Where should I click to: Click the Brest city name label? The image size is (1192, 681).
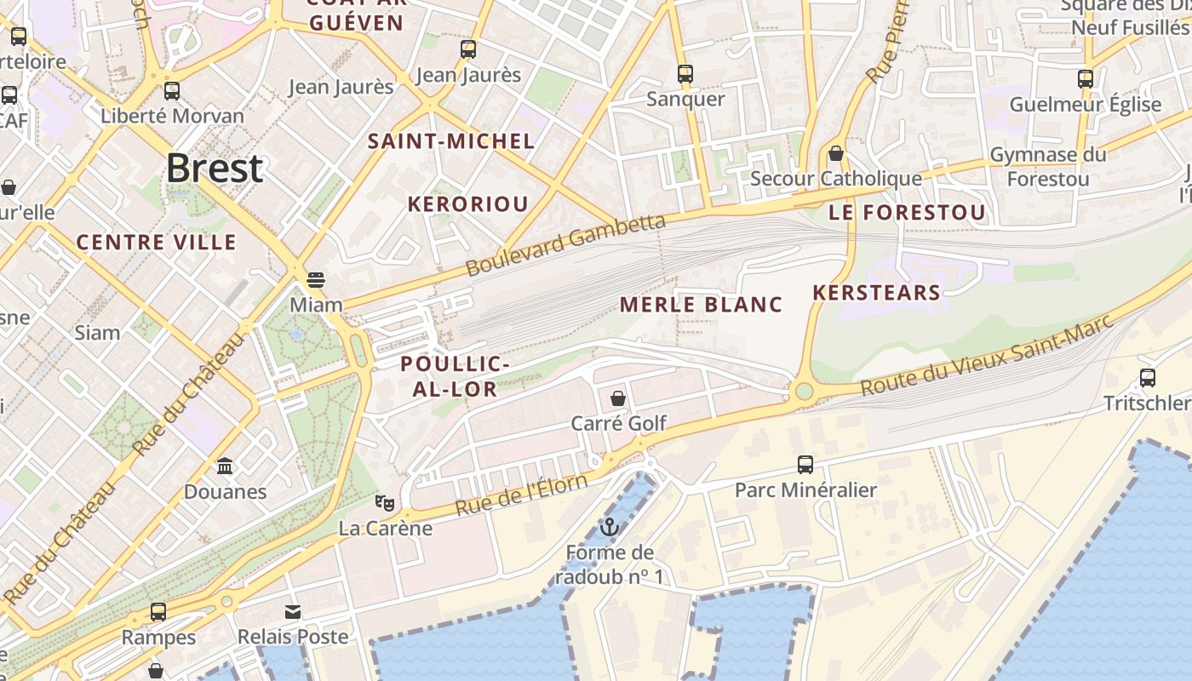pyautogui.click(x=214, y=168)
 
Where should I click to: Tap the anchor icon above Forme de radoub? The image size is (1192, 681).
pyautogui.click(x=609, y=528)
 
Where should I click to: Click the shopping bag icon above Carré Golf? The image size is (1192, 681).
pyautogui.click(x=618, y=398)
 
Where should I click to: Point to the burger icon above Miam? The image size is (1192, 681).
pyautogui.click(x=316, y=279)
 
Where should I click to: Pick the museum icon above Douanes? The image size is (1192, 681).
pyautogui.click(x=226, y=466)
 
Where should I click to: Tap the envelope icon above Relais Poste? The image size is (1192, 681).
pyautogui.click(x=293, y=612)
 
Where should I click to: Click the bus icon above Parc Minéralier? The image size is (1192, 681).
pyautogui.click(x=805, y=465)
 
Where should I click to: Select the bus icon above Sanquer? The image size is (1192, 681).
pyautogui.click(x=685, y=74)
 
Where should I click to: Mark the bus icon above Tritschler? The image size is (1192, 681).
pyautogui.click(x=1148, y=378)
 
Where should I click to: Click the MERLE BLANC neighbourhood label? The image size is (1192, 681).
pyautogui.click(x=701, y=304)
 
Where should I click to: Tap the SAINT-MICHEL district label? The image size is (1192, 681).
pyautogui.click(x=451, y=141)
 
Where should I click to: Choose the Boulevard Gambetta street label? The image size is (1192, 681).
pyautogui.click(x=565, y=245)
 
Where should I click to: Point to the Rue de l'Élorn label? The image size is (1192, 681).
pyautogui.click(x=521, y=495)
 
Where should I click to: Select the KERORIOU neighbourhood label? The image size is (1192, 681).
pyautogui.click(x=467, y=204)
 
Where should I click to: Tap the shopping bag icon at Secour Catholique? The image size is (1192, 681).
pyautogui.click(x=836, y=154)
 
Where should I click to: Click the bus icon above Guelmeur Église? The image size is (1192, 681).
pyautogui.click(x=1086, y=79)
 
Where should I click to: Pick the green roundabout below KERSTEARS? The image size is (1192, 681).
pyautogui.click(x=802, y=392)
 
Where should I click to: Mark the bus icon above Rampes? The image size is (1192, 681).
pyautogui.click(x=158, y=612)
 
